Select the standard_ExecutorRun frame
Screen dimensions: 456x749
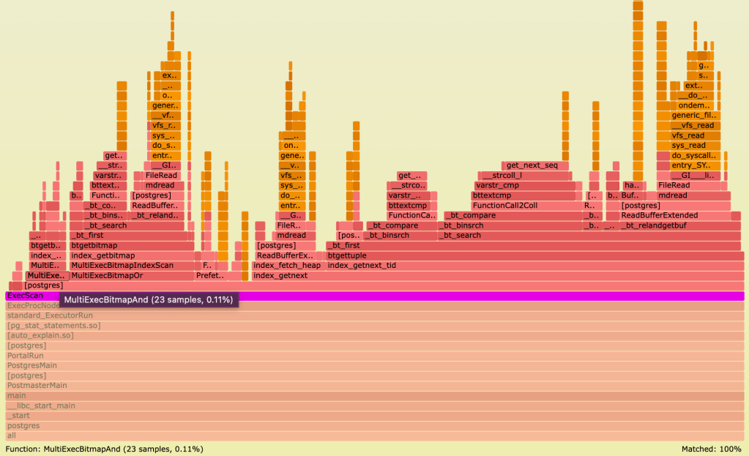[x=366, y=315]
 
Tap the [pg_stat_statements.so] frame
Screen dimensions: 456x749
[x=366, y=325]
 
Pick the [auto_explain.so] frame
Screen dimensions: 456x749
[x=366, y=335]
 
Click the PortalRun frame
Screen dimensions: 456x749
[x=366, y=355]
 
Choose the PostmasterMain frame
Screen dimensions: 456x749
[x=366, y=385]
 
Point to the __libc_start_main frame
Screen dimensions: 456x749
[x=366, y=405]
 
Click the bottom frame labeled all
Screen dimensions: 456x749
[x=366, y=436]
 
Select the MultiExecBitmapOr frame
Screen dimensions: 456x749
[x=132, y=275]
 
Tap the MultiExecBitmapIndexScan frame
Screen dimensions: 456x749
[x=132, y=265]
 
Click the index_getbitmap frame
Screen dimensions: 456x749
[x=132, y=255]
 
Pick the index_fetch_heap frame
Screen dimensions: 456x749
[x=287, y=265]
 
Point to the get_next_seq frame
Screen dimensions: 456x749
[x=534, y=165]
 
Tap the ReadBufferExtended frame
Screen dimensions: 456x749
[x=659, y=215]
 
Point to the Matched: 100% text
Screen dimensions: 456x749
[x=711, y=448]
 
